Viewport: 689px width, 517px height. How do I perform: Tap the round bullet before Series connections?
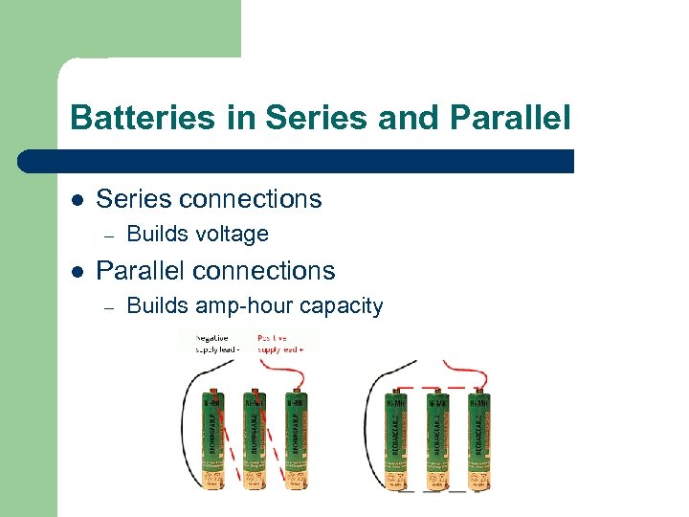[78, 199]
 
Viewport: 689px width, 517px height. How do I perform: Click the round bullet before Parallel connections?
[78, 271]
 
